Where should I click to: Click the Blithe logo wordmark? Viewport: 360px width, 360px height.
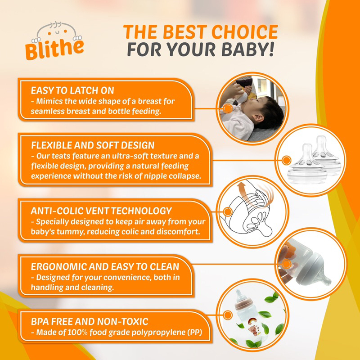(x=54, y=49)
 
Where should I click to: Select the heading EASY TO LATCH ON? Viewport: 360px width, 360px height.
(x=72, y=90)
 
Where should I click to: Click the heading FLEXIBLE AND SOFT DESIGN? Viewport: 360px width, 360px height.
(x=93, y=145)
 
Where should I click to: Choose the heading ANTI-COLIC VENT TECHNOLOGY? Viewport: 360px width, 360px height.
(x=101, y=211)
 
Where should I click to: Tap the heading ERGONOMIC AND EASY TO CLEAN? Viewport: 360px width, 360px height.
(x=105, y=266)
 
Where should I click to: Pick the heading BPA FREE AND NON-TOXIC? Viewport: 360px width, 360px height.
(x=90, y=321)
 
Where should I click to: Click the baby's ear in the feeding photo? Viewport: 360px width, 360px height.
(x=258, y=118)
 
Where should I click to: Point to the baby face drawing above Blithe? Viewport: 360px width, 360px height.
(x=57, y=31)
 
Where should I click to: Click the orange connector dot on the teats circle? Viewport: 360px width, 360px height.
(x=286, y=160)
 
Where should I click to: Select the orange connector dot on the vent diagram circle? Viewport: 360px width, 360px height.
(x=228, y=211)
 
